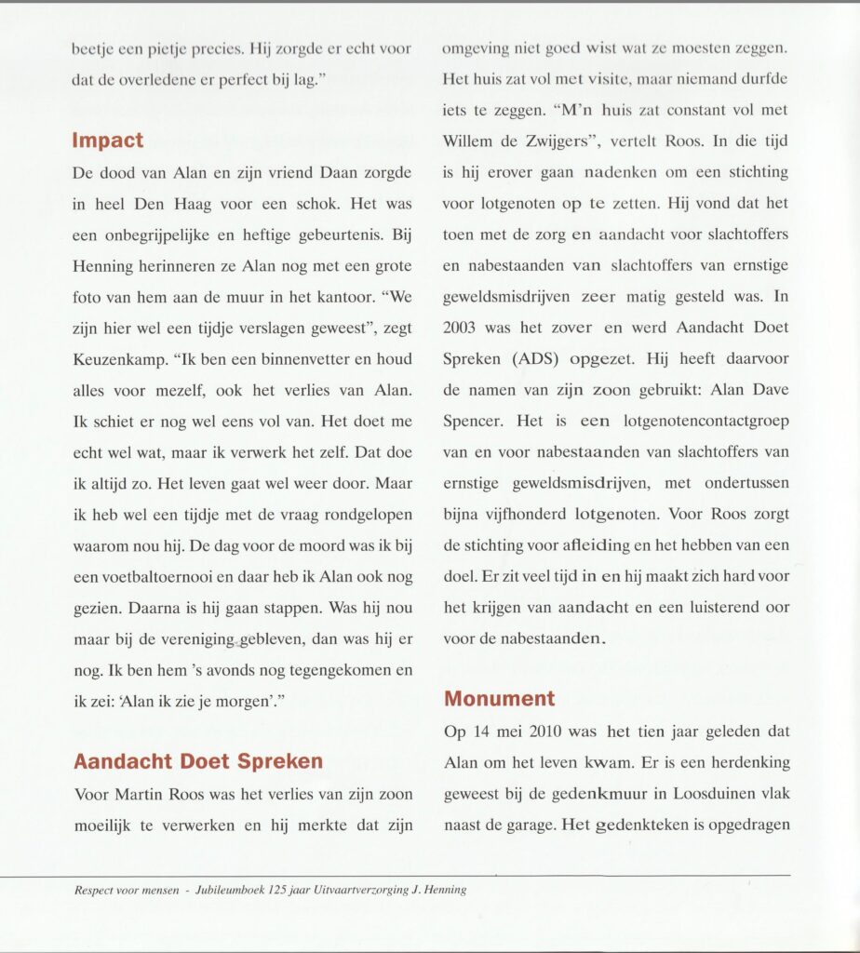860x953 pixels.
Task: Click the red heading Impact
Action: [108, 141]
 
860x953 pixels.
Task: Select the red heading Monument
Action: [499, 698]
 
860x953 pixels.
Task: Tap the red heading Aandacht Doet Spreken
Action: [198, 761]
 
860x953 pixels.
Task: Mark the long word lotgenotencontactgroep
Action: [705, 420]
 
